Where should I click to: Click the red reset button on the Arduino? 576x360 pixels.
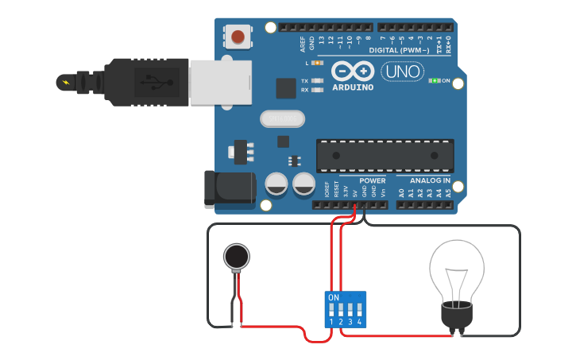pos(238,36)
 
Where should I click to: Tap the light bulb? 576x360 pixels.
pos(456,274)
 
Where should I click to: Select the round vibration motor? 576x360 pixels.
pos(235,256)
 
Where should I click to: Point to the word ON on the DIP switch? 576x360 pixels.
pos(334,297)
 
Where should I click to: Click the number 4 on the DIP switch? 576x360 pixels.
pos(360,322)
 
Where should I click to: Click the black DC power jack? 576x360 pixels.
pos(229,188)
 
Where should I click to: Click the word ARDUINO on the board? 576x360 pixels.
pos(353,87)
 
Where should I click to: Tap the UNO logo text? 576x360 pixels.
pos(402,72)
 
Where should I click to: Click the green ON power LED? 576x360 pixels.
pos(434,81)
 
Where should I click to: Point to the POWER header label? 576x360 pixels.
pos(372,181)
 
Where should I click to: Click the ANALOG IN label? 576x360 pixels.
pos(430,181)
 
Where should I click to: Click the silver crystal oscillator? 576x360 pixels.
pos(282,119)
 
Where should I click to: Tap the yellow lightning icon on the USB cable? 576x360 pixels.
pos(65,82)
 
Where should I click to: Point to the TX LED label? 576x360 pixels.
pos(304,81)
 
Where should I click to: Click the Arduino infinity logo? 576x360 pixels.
pos(352,71)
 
